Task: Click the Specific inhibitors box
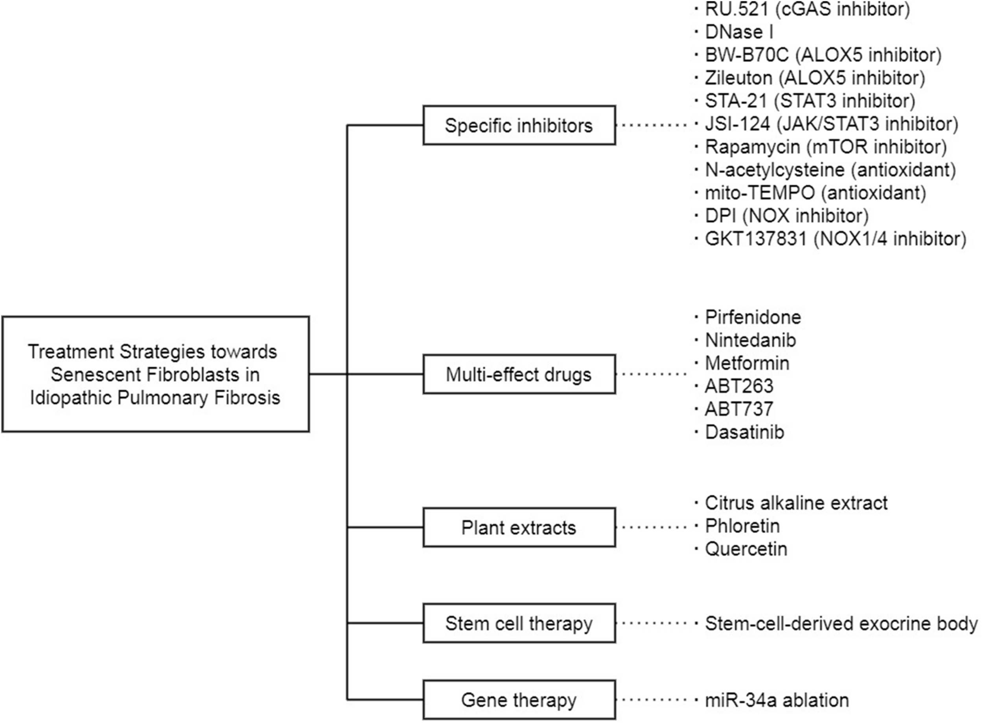519,125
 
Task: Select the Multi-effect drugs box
519,374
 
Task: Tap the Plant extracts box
519,528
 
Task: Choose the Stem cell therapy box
519,623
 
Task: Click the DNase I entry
739,32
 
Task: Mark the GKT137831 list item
835,239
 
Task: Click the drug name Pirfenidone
753,317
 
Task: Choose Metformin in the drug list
747,363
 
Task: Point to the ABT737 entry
739,409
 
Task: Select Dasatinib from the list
744,432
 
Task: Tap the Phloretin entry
742,526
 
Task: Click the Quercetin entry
746,549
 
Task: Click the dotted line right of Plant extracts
652,527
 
